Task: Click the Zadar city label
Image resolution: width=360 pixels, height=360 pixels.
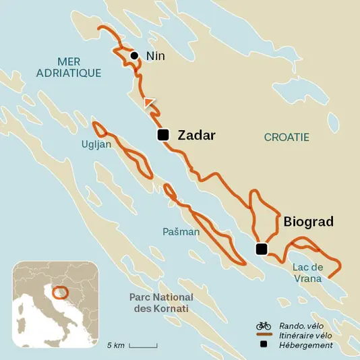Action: tap(196, 136)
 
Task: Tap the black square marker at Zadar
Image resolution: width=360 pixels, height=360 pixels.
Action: tap(162, 135)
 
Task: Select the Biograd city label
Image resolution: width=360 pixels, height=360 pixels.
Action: tap(309, 221)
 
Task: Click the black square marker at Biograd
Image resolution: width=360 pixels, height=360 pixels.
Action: tap(262, 249)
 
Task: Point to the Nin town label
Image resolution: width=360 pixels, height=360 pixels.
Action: tap(156, 56)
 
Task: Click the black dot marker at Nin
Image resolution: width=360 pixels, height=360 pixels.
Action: tap(135, 55)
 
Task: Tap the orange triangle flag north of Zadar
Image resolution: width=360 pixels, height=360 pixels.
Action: tap(149, 102)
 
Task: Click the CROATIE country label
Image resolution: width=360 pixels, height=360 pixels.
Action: tap(287, 137)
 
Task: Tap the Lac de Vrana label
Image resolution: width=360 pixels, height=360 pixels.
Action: tap(308, 272)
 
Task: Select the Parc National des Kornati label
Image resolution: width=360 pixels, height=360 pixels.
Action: tap(161, 303)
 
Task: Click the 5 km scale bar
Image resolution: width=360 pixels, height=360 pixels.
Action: tap(143, 345)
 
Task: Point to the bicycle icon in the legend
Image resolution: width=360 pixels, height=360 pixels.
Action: tap(264, 326)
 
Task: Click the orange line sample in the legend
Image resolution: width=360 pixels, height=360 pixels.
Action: tap(264, 335)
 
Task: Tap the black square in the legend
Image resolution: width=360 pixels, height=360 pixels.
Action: tap(264, 345)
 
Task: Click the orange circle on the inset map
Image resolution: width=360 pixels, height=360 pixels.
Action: tap(61, 293)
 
